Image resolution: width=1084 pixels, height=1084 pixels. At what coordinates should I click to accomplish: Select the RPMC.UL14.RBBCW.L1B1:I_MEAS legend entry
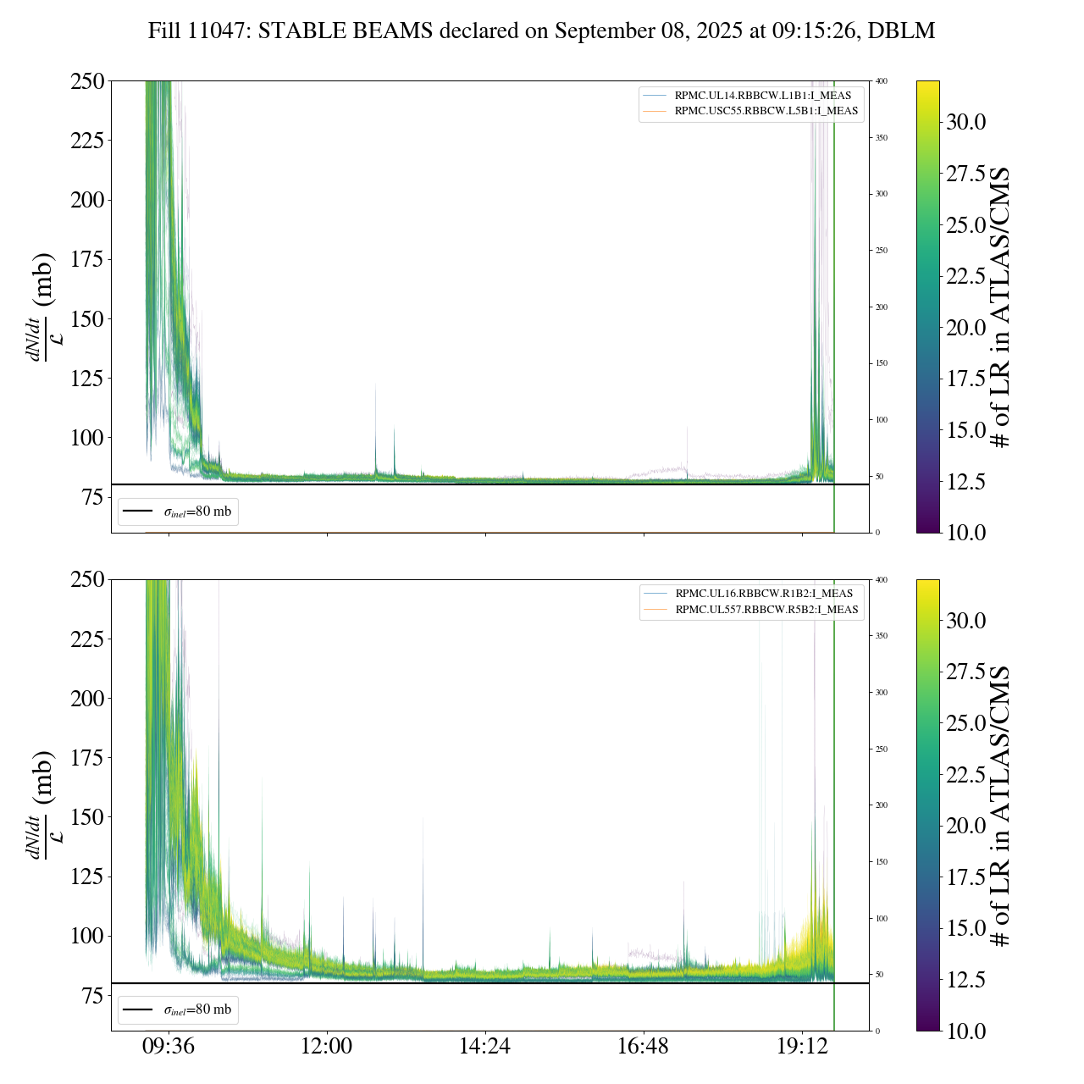click(x=762, y=96)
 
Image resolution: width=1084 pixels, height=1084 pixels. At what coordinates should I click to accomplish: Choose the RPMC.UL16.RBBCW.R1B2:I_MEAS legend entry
click(x=763, y=594)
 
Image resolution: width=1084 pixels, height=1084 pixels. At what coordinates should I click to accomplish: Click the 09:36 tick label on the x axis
click(x=168, y=1047)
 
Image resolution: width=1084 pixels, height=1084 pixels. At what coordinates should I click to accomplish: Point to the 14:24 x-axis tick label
click(x=484, y=1047)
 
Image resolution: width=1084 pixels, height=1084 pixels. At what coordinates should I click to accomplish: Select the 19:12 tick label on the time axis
click(x=802, y=1047)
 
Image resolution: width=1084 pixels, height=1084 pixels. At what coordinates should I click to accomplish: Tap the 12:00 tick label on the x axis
click(x=326, y=1047)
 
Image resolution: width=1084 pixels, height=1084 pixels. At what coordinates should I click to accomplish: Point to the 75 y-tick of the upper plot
click(x=92, y=498)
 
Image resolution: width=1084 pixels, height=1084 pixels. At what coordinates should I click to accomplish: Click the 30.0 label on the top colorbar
click(x=965, y=122)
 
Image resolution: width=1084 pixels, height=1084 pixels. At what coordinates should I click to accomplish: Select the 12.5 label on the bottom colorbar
click(x=965, y=980)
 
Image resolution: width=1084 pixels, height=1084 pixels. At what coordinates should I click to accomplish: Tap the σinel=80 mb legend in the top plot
click(x=178, y=512)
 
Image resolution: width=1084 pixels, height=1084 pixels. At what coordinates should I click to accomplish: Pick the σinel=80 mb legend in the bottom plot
click(x=178, y=1009)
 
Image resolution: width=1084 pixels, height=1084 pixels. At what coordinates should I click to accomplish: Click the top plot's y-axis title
click(x=42, y=307)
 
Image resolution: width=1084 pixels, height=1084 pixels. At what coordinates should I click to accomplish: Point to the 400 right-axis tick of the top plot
click(x=882, y=81)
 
